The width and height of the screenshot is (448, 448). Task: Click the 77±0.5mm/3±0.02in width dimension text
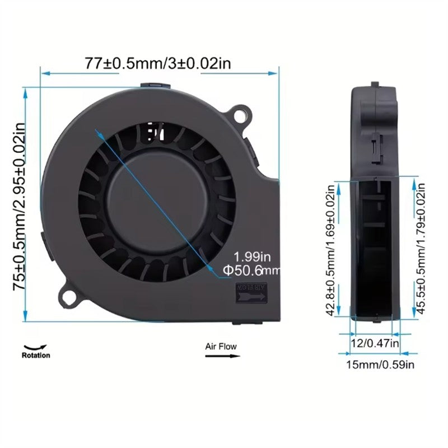point(158,63)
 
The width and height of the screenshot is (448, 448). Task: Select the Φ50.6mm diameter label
point(250,271)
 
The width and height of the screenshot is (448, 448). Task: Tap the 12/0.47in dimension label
point(374,342)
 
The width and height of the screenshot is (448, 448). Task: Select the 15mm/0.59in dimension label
point(380,365)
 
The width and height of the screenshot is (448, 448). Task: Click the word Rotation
point(36,355)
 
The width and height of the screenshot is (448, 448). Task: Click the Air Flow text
point(221,347)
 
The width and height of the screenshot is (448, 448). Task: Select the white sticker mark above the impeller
point(155,133)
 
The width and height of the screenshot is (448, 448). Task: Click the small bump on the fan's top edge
point(157,86)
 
